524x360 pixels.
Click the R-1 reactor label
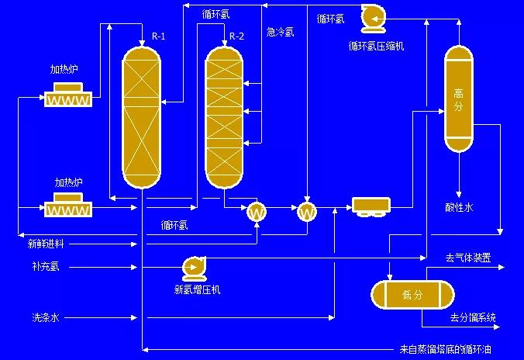pos(159,36)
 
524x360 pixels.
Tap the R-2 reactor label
pos(237,36)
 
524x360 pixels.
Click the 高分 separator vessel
pos(457,99)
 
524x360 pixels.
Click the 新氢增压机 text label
pos(197,290)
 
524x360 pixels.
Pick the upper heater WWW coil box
pos(68,99)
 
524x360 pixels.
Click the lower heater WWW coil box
pos(68,209)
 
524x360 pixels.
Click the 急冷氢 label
pos(281,33)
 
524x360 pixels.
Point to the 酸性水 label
pos(459,207)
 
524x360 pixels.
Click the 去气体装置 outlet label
pos(467,258)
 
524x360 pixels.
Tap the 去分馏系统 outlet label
pos(473,317)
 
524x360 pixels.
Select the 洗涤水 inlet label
pos(45,317)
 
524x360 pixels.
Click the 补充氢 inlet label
pos(45,268)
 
